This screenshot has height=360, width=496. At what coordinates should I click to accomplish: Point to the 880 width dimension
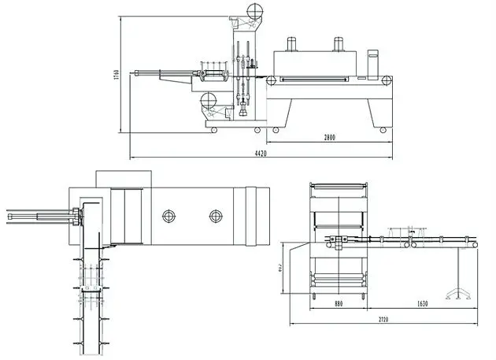pyautogui.click(x=337, y=303)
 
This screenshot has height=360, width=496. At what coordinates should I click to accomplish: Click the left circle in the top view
pyautogui.click(x=168, y=215)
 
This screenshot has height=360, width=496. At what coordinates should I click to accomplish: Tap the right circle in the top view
pyautogui.click(x=215, y=215)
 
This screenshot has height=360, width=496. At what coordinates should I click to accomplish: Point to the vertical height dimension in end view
pyautogui.click(x=281, y=268)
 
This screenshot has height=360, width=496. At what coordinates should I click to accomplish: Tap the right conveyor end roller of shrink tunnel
pyautogui.click(x=387, y=80)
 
